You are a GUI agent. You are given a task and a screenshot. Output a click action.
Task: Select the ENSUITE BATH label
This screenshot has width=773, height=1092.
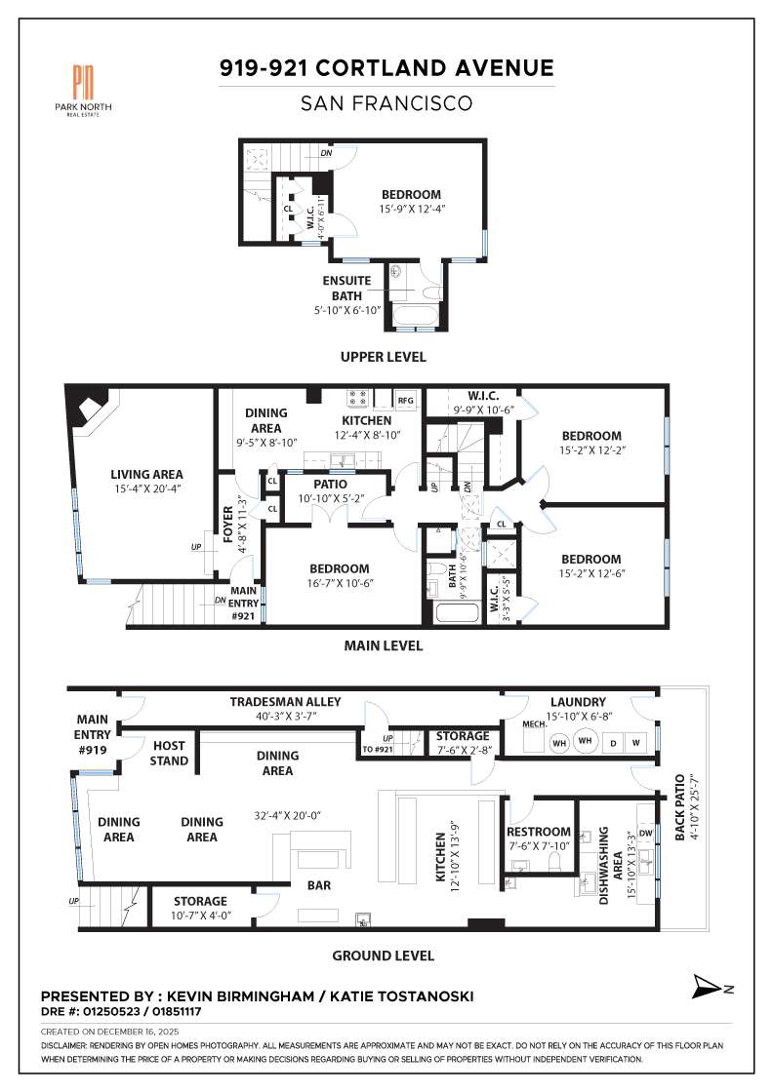click(x=347, y=289)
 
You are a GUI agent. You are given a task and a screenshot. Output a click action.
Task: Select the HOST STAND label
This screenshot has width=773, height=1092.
click(x=169, y=753)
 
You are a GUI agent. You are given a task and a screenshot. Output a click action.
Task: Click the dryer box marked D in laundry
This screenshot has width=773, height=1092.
click(x=612, y=744)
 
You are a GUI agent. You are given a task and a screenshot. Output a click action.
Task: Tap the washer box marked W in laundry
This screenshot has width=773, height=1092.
click(x=636, y=744)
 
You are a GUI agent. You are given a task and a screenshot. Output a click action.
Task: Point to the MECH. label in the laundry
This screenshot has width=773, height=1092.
click(x=533, y=725)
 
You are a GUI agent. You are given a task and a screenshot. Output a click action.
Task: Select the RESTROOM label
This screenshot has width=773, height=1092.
click(x=538, y=832)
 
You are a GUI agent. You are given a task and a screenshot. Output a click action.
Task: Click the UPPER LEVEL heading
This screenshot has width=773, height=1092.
click(x=383, y=357)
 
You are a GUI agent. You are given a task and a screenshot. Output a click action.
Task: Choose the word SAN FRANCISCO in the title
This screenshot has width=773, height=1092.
click(x=386, y=102)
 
